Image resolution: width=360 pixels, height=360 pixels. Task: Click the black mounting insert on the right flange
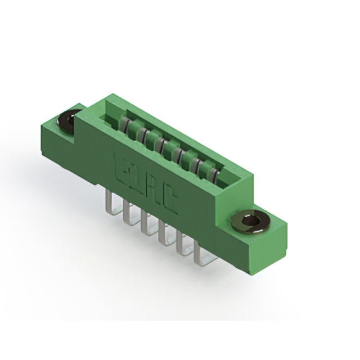pyautogui.click(x=251, y=221)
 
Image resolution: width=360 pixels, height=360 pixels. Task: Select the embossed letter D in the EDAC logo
pyautogui.click(x=137, y=178)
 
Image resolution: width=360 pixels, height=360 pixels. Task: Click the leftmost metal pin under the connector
pyautogui.click(x=110, y=201)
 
